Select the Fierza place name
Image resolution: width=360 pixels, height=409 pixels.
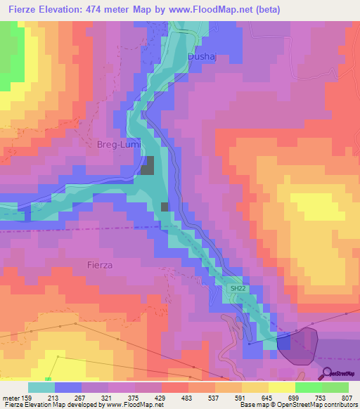coord(101,265)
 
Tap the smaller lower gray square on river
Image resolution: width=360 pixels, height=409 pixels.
coord(165,207)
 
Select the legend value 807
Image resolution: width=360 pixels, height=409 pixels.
coord(347,398)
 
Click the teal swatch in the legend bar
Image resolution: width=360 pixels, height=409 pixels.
coord(41,387)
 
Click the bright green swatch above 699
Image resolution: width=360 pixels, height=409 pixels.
coord(308,387)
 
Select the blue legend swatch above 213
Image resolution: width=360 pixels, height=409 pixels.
coord(67,387)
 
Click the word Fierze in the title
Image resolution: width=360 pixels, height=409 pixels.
coord(23,10)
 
